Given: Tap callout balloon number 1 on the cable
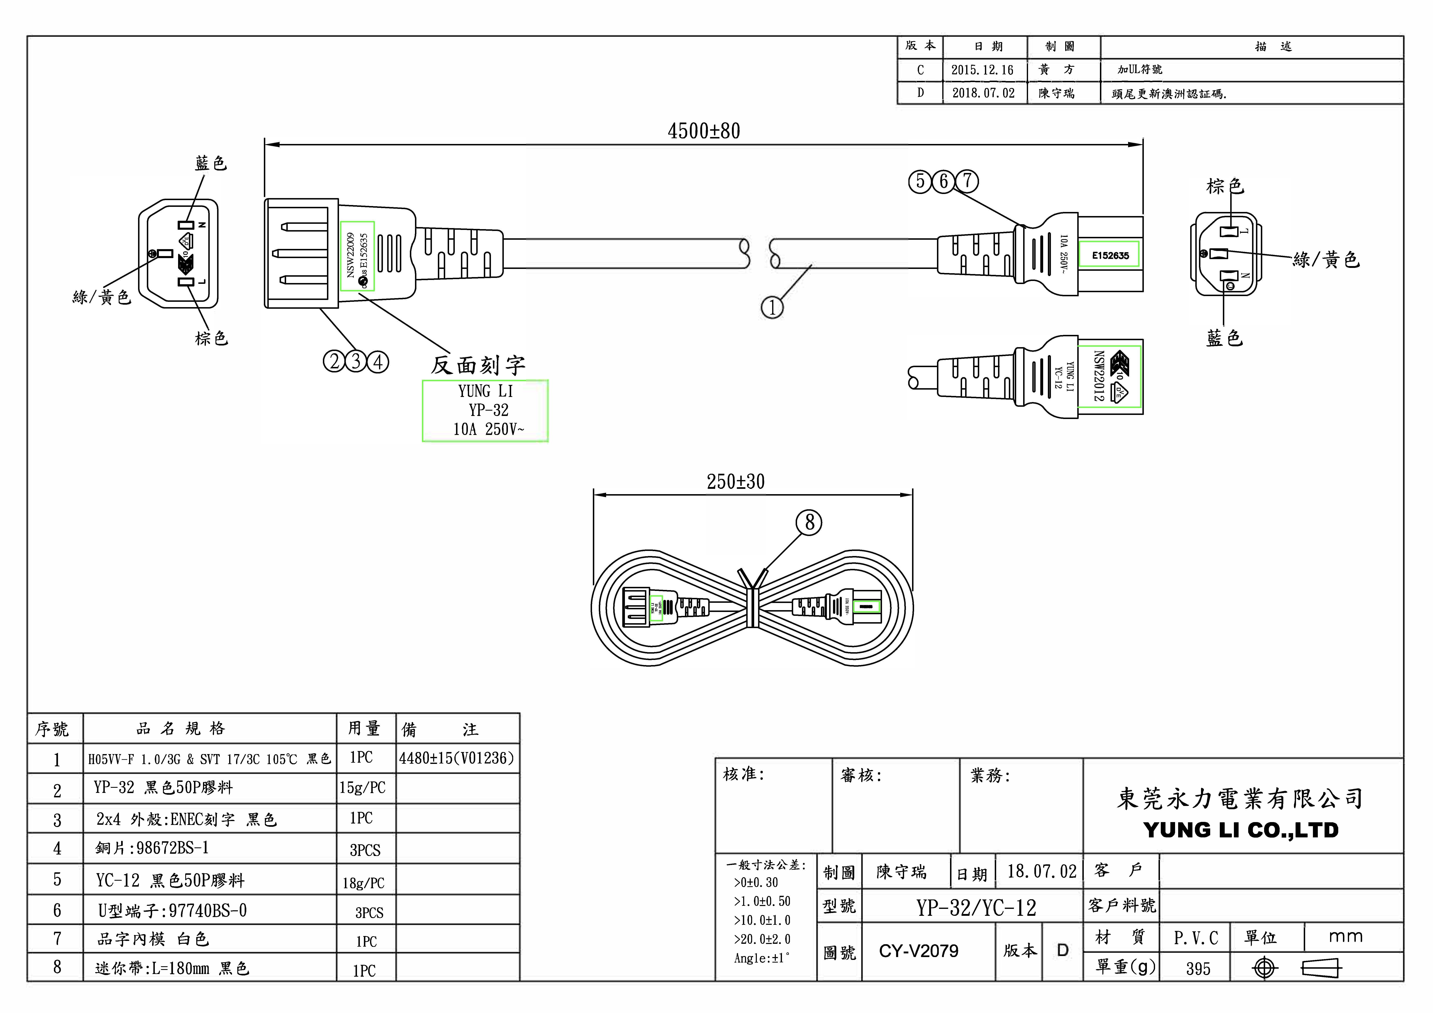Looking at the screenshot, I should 772,308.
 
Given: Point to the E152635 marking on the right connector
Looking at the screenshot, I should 1110,255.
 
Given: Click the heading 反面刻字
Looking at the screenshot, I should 478,365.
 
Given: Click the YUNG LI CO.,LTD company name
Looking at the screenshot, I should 1241,830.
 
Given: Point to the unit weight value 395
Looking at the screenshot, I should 1198,969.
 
